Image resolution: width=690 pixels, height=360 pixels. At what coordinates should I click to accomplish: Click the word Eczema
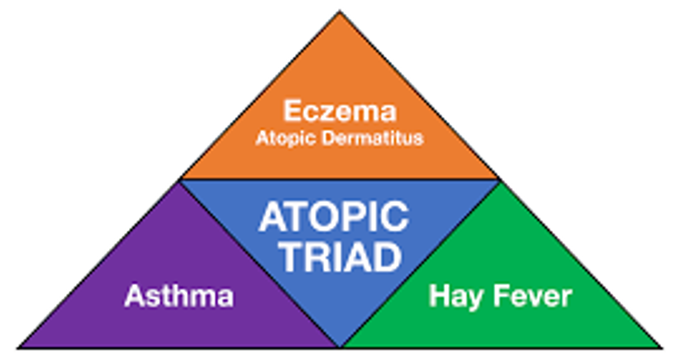pyautogui.click(x=340, y=110)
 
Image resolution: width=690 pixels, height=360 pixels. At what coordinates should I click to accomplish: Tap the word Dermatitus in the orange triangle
pyautogui.click(x=372, y=138)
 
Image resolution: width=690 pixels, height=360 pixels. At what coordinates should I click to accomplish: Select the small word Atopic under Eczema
pyautogui.click(x=286, y=139)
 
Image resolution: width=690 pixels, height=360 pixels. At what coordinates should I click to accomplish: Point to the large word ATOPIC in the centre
pyautogui.click(x=334, y=216)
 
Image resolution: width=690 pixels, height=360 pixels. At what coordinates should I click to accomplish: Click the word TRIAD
pyautogui.click(x=341, y=257)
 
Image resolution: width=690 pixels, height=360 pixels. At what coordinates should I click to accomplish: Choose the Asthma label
pyautogui.click(x=179, y=295)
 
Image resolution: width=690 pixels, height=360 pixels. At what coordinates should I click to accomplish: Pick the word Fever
pyautogui.click(x=533, y=295)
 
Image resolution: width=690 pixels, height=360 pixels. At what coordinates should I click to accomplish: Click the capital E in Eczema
pyautogui.click(x=293, y=110)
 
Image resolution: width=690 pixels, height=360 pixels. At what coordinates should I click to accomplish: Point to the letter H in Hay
pyautogui.click(x=439, y=295)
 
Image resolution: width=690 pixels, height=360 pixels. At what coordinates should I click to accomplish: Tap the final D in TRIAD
pyautogui.click(x=389, y=257)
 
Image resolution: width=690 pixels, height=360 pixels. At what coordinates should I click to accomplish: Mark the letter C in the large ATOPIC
pyautogui.click(x=395, y=216)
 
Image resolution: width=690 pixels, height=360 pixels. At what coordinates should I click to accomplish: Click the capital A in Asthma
pyautogui.click(x=135, y=295)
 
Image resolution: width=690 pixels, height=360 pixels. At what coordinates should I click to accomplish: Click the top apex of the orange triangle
pyautogui.click(x=339, y=11)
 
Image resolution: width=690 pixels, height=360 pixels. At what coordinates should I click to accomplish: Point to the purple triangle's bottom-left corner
pyautogui.click(x=18, y=348)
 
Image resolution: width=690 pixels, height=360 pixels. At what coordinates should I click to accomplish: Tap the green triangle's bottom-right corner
pyautogui.click(x=661, y=348)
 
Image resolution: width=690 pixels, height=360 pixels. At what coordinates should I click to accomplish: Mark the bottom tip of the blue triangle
pyautogui.click(x=340, y=347)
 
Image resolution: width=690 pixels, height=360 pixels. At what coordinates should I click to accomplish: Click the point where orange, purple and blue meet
pyautogui.click(x=181, y=179)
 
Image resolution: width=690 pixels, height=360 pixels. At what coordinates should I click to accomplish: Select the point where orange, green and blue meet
pyautogui.click(x=499, y=179)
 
